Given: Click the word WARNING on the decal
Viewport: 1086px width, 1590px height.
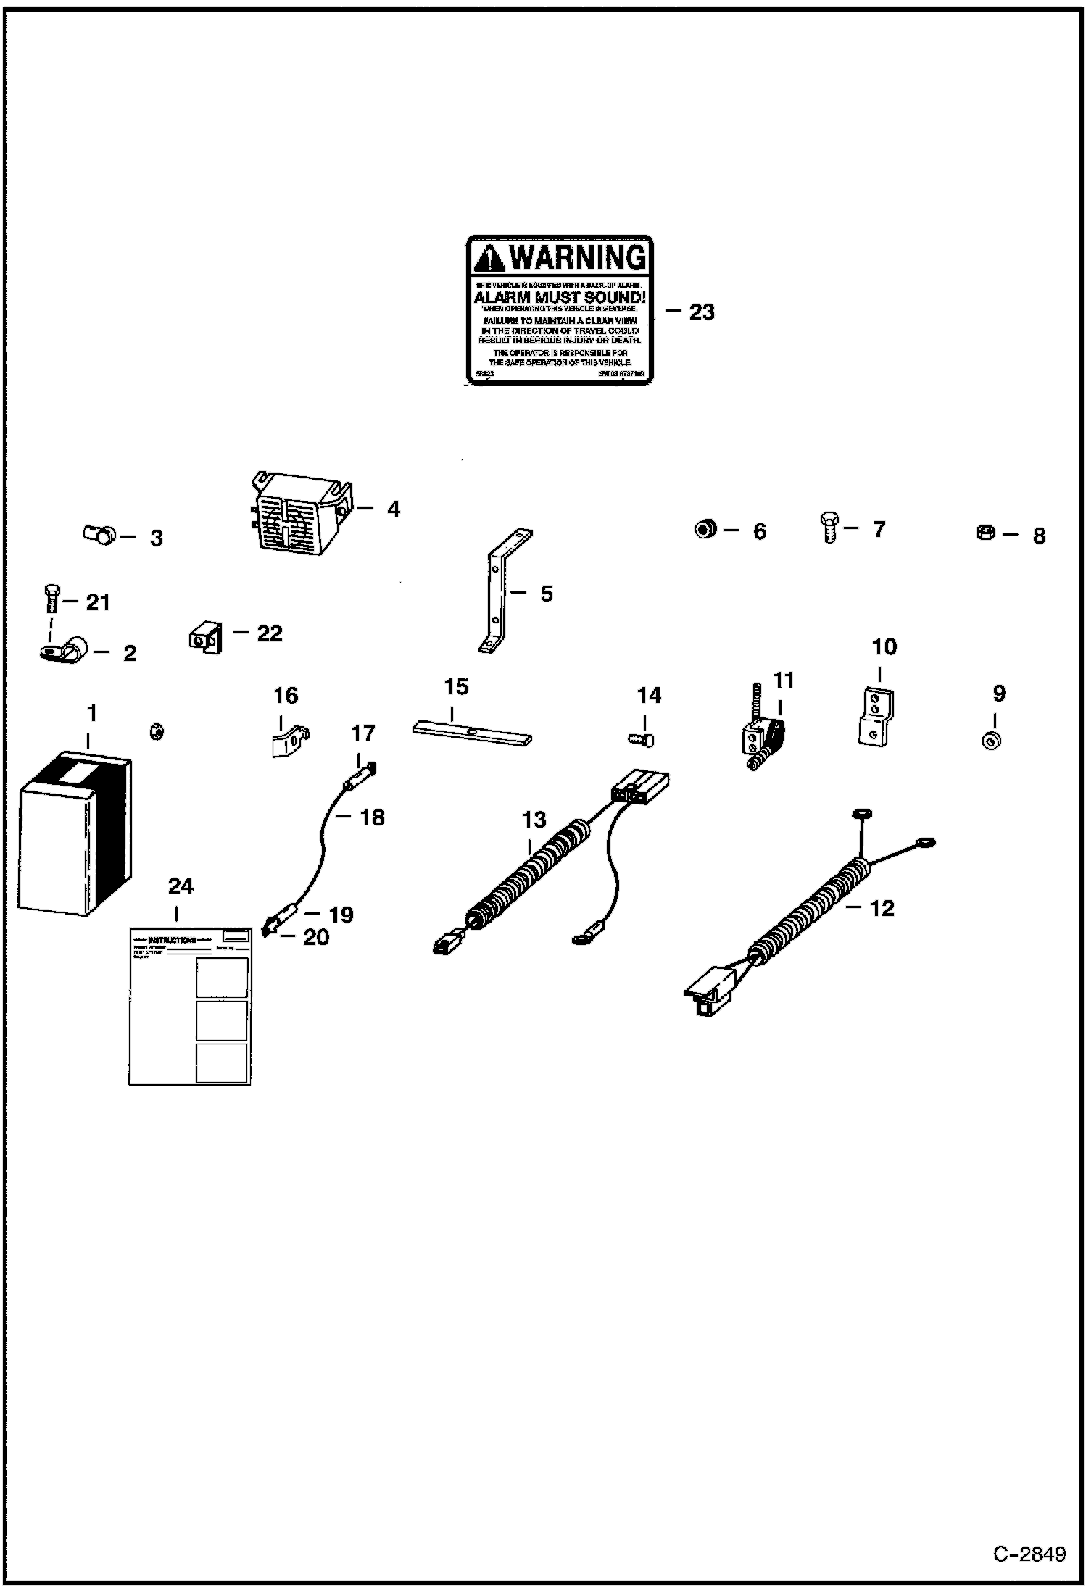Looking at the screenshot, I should (578, 257).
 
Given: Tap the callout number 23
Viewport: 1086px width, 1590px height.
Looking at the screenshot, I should (701, 312).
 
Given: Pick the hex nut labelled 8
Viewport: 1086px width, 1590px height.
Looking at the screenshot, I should (986, 534).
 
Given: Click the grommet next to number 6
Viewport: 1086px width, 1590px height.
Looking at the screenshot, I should (705, 529).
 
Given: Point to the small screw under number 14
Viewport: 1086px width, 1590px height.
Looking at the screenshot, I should (641, 739).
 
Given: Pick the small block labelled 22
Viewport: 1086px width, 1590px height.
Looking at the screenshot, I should (204, 638).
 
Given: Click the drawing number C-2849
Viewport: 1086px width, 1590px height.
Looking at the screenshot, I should (1029, 1554).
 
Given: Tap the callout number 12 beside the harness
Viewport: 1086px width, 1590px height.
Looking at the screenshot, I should (882, 908).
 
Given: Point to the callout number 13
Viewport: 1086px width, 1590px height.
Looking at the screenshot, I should (534, 820).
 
